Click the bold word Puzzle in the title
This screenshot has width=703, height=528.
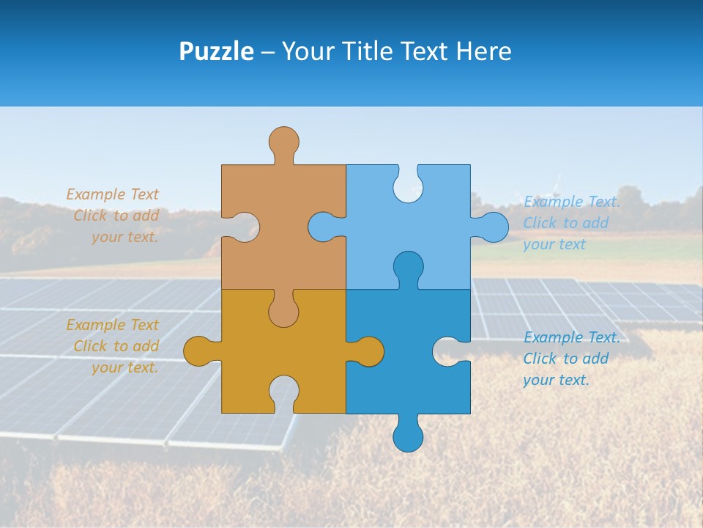(x=216, y=52)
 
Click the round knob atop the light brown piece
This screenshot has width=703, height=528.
(x=283, y=141)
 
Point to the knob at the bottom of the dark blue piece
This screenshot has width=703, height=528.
(x=408, y=437)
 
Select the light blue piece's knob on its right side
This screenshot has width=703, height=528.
(x=493, y=227)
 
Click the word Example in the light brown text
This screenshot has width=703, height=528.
(x=96, y=194)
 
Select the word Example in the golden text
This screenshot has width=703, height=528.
(x=96, y=325)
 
